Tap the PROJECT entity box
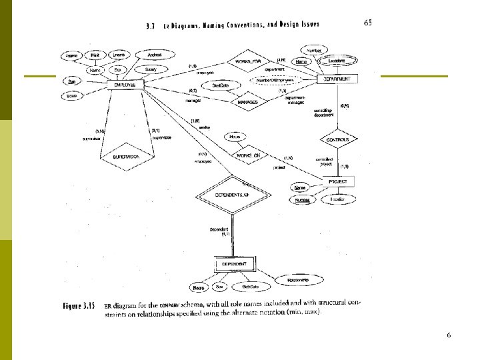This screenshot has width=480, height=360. coord(338,181)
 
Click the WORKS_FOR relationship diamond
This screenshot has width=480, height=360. coord(248,61)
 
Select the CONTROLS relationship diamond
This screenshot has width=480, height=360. coord(339,140)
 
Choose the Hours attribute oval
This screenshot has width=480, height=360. coord(235,137)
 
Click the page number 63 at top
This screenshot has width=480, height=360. coord(368,23)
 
